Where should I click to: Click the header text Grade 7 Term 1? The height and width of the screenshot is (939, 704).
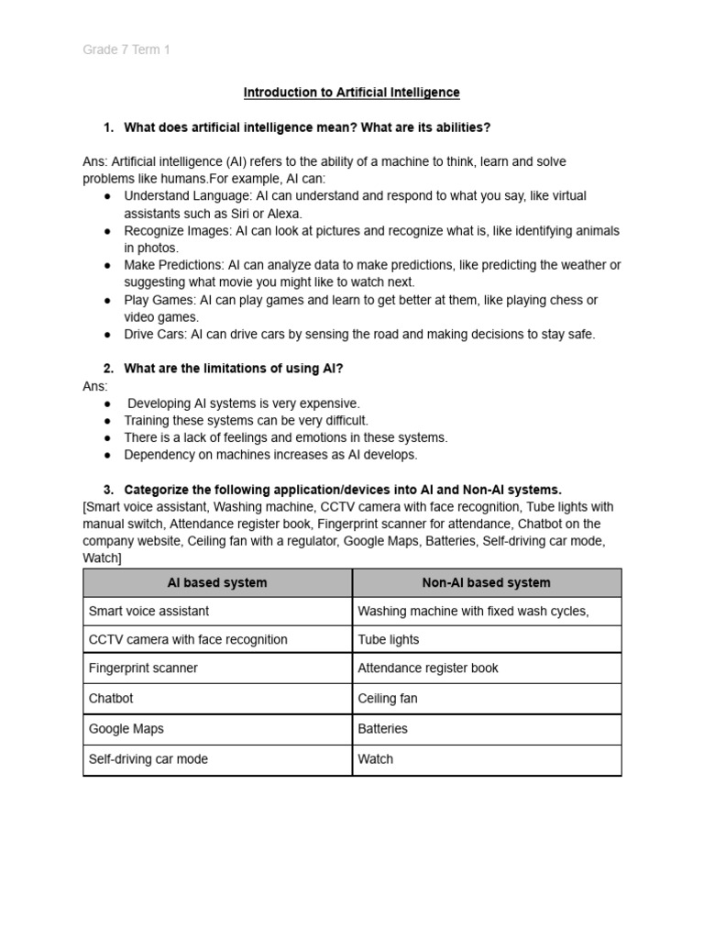coord(126,50)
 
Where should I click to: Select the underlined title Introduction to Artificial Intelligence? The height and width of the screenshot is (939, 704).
coord(351,93)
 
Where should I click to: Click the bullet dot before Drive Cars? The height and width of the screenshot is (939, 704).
coord(107,335)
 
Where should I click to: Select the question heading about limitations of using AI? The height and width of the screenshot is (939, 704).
coord(234,369)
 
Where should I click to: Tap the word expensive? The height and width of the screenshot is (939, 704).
coord(330,403)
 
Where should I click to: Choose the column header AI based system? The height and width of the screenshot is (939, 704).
coord(217,582)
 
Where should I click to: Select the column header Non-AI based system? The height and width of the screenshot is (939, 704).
coord(486,582)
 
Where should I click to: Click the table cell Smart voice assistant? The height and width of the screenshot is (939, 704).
coord(148,611)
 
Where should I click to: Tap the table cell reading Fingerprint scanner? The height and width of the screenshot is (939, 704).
coord(143,668)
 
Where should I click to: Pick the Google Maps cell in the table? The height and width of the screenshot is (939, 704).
coord(126,729)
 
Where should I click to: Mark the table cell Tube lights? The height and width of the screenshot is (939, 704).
coord(388,640)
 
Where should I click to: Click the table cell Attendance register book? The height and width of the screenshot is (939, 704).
coord(428,668)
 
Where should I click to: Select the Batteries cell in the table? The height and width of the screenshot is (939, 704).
coord(382,729)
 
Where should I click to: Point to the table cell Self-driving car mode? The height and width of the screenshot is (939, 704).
coord(148,759)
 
